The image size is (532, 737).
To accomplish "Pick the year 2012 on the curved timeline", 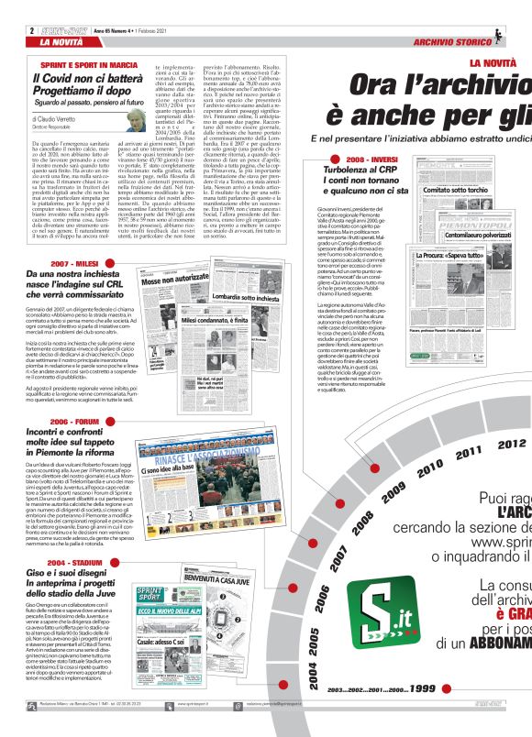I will pyautogui.click(x=512, y=444).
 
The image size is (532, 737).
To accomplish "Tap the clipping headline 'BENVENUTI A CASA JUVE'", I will pyautogui.click(x=221, y=554).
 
